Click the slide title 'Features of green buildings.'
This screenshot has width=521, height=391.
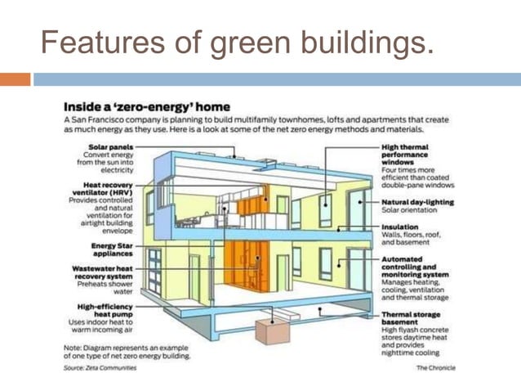237,42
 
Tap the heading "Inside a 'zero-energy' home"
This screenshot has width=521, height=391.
146,106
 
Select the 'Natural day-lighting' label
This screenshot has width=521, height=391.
417,201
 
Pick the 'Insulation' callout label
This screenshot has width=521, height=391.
400,227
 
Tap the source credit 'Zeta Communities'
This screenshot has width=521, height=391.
113,368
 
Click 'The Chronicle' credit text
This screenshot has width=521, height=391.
436,368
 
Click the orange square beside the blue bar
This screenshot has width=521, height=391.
15,79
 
